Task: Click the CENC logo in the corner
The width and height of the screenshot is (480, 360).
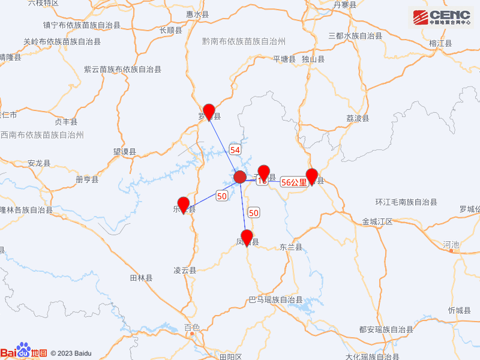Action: point(441,16)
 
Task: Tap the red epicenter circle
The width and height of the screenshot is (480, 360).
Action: point(239,177)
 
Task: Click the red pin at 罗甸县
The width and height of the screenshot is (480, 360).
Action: point(209,111)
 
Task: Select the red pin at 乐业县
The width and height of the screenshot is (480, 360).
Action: point(184,204)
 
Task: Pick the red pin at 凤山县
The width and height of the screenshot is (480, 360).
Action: point(246,237)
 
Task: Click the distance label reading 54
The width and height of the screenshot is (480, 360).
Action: point(235,149)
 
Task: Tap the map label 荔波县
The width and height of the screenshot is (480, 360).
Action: point(358,118)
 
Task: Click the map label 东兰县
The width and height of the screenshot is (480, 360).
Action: point(291,247)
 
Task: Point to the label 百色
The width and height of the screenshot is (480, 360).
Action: point(192,327)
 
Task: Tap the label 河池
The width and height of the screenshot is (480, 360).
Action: point(451,244)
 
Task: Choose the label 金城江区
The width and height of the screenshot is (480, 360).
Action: point(377,221)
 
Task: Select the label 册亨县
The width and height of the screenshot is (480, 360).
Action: point(87,179)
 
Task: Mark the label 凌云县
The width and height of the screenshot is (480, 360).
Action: point(185,270)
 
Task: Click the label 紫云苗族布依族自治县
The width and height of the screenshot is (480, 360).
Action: point(122,70)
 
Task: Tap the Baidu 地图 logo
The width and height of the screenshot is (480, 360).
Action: point(24,352)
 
